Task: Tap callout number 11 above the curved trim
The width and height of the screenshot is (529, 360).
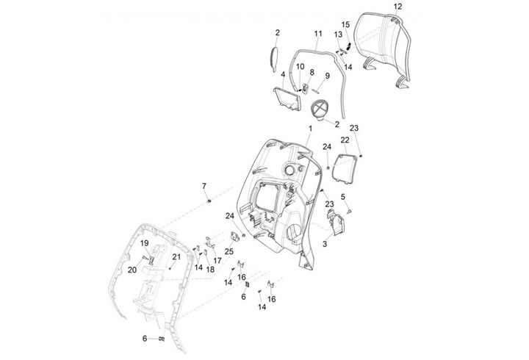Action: [x=318, y=34]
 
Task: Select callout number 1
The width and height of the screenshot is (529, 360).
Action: [x=269, y=128]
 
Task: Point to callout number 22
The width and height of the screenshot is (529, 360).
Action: [x=345, y=140]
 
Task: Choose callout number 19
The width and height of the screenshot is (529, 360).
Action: [x=145, y=243]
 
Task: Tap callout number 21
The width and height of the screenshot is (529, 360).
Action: [x=176, y=256]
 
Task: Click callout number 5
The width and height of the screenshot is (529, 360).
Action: [x=342, y=196]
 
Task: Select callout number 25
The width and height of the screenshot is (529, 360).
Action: [x=229, y=252]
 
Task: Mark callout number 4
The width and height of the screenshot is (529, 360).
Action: [x=283, y=75]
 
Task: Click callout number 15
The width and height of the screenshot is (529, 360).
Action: [x=345, y=24]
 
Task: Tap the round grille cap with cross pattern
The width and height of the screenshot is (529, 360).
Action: [x=320, y=110]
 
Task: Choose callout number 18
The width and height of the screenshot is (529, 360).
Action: [x=210, y=270]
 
